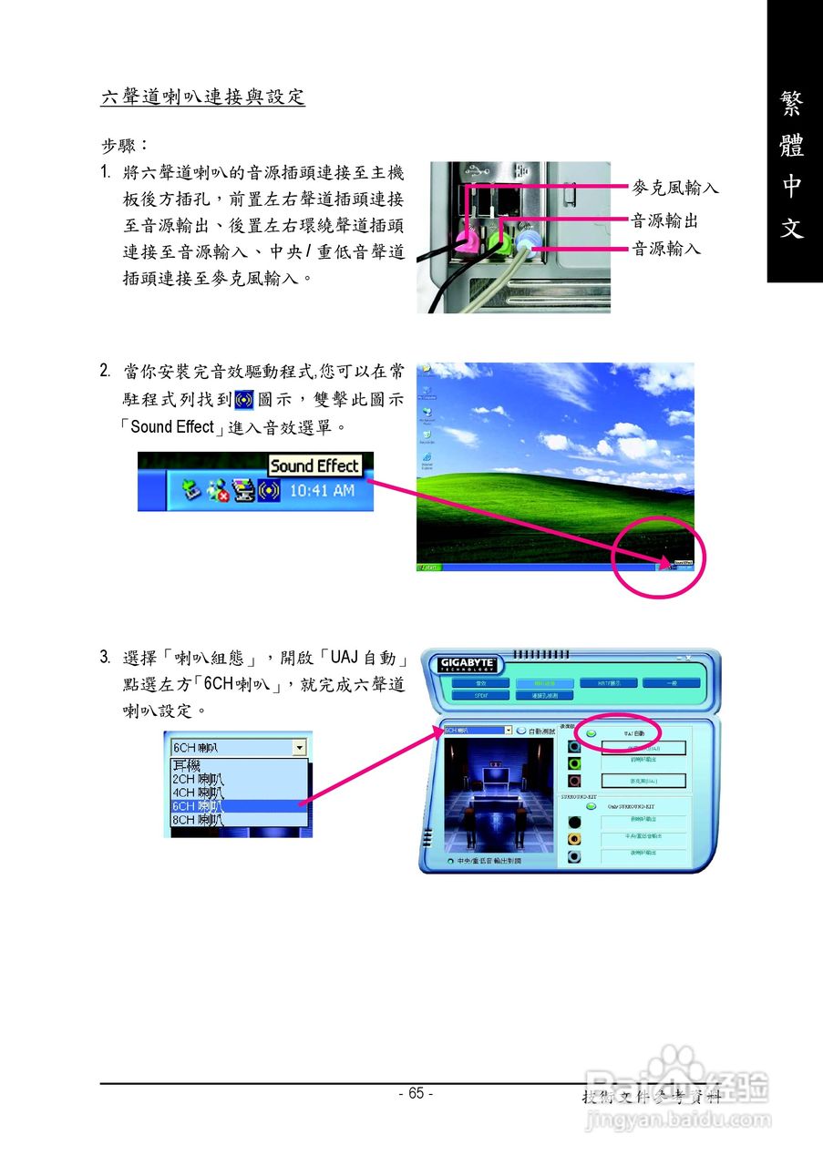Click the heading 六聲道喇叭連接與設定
202,97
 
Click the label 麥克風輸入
675,188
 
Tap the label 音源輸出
665,220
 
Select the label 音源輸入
665,248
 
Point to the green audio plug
499,242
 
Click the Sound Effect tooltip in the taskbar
314,465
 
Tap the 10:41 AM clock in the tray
321,491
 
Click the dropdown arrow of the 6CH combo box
299,747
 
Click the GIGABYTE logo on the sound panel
468,663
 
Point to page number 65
416,1093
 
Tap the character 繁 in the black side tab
792,104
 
